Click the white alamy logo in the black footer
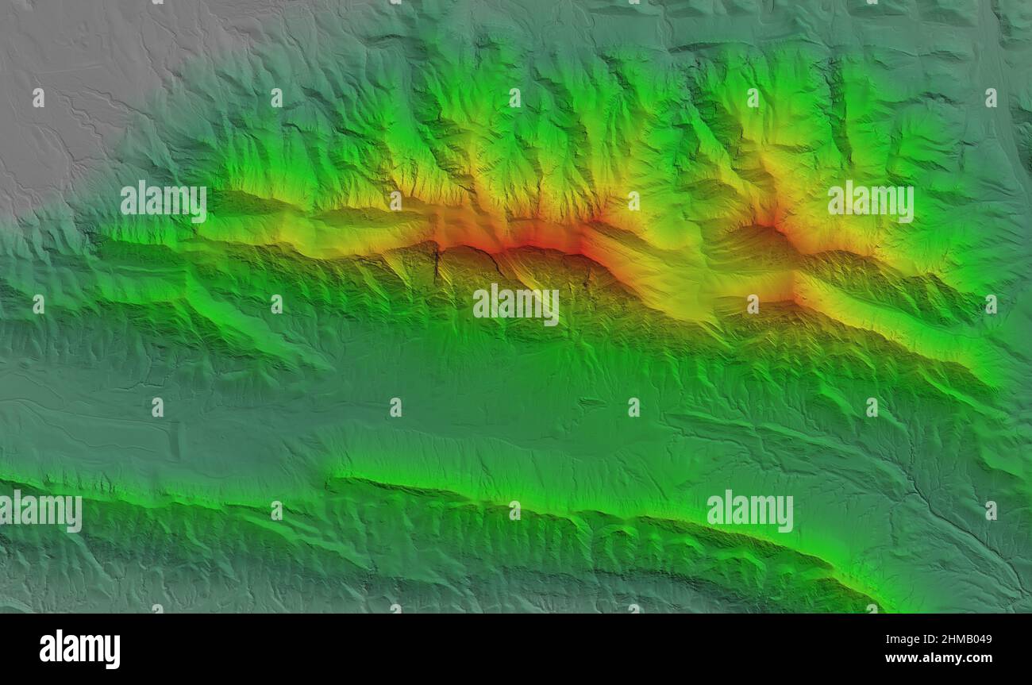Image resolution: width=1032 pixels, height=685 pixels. [x=79, y=648]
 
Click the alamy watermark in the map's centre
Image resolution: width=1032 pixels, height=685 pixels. [x=515, y=305]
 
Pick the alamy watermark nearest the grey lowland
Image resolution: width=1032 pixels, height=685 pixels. [x=164, y=202]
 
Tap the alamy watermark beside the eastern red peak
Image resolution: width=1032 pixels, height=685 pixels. [x=870, y=202]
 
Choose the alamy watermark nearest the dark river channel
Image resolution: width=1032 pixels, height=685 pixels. [x=749, y=511]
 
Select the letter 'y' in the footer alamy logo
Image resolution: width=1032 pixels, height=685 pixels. [x=113, y=652]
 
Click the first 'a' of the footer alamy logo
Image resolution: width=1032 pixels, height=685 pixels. [x=48, y=651]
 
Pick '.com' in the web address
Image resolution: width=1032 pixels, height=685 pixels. [x=976, y=658]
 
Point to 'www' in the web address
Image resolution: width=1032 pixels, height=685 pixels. [x=900, y=658]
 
